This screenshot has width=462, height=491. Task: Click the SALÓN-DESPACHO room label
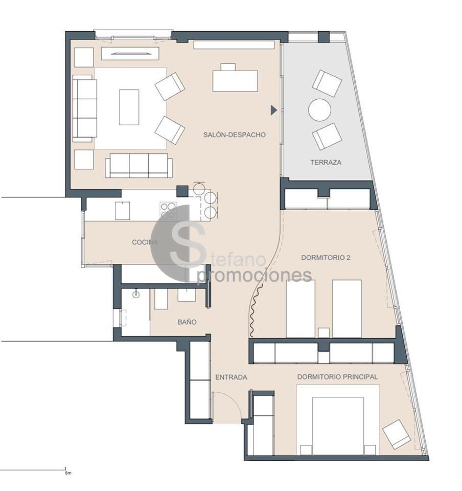[234, 135]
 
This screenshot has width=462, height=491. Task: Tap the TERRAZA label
[326, 162]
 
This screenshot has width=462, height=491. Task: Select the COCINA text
[145, 242]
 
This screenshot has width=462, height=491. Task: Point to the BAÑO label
[187, 322]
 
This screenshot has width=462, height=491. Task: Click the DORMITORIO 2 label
[326, 257]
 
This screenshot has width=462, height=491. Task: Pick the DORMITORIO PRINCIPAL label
[337, 377]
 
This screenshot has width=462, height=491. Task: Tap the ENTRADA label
[231, 377]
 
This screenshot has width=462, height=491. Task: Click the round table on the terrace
[319, 110]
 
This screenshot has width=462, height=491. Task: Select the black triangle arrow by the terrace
[274, 110]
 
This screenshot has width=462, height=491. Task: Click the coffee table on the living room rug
[129, 107]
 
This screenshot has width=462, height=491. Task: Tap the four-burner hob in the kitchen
[168, 210]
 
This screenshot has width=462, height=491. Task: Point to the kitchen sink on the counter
[122, 211]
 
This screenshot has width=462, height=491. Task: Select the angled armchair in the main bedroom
[396, 434]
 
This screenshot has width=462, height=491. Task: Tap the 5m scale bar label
[68, 473]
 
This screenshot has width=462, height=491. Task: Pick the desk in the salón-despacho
[235, 81]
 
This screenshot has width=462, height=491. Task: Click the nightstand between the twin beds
[324, 332]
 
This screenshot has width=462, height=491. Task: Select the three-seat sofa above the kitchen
[138, 166]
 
